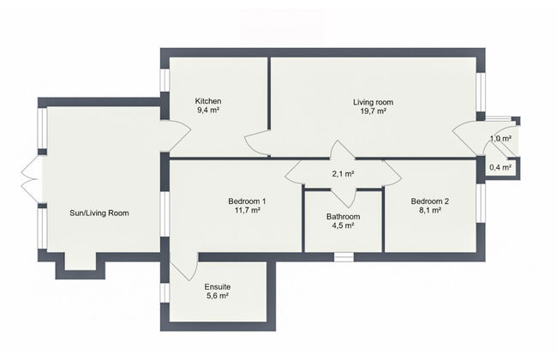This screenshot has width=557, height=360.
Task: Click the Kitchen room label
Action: pyautogui.click(x=209, y=100)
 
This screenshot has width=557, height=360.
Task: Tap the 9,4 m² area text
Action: pyautogui.click(x=209, y=111)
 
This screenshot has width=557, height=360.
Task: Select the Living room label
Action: pyautogui.click(x=373, y=102)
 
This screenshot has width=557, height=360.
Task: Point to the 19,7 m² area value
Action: pyautogui.click(x=373, y=112)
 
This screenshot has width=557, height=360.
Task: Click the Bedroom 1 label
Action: pyautogui.click(x=247, y=201)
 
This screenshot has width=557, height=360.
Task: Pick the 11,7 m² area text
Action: pyautogui.click(x=247, y=212)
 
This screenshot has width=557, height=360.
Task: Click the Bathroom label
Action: pyautogui.click(x=343, y=218)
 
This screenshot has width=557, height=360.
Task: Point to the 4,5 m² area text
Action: pyautogui.click(x=343, y=228)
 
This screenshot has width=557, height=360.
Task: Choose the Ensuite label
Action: pyautogui.click(x=217, y=287)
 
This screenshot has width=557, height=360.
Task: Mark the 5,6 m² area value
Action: pyautogui.click(x=217, y=297)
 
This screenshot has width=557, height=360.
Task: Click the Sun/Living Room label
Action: pyautogui.click(x=99, y=213)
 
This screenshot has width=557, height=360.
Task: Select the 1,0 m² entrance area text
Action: pyautogui.click(x=500, y=138)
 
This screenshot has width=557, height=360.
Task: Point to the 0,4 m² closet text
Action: pyautogui.click(x=500, y=168)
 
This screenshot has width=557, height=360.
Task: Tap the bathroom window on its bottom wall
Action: pyautogui.click(x=344, y=255)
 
